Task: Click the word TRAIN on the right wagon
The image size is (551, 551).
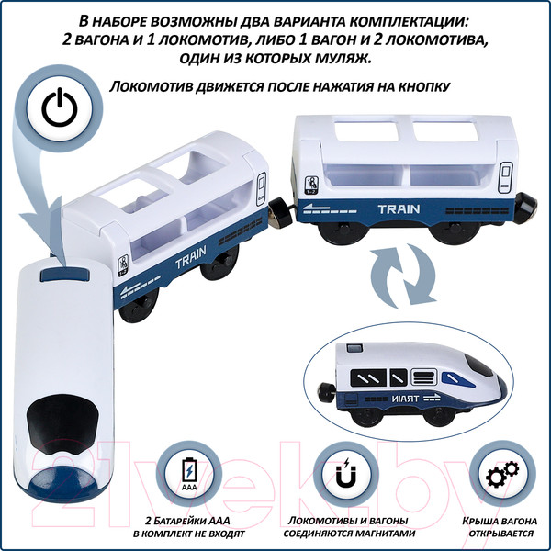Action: (x=398, y=209)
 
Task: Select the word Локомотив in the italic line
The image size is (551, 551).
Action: (x=150, y=87)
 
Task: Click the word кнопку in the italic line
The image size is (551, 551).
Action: (x=419, y=87)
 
